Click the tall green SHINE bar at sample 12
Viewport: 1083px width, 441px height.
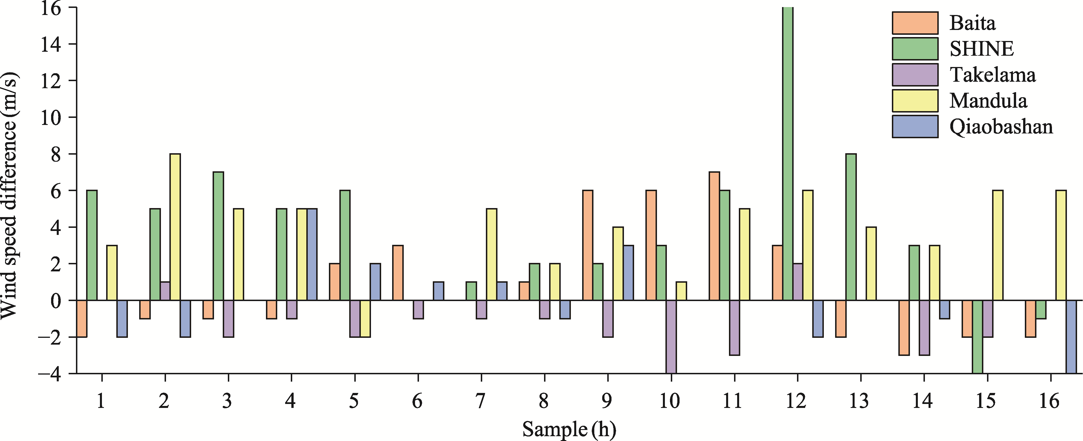click(x=787, y=154)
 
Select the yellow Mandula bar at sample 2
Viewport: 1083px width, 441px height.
click(x=175, y=227)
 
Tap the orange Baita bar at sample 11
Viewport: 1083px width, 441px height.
click(x=714, y=236)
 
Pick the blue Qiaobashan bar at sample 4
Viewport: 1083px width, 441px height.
click(x=312, y=254)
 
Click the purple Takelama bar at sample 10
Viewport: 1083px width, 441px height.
click(x=671, y=337)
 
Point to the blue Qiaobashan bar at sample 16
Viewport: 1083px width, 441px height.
click(x=1071, y=337)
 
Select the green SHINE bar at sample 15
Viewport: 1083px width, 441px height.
click(x=977, y=337)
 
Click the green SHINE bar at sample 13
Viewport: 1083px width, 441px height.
click(x=851, y=227)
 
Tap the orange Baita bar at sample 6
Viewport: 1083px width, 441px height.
click(x=398, y=273)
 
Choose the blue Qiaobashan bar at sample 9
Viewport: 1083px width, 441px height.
click(x=628, y=273)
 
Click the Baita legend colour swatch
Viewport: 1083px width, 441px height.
click(x=915, y=23)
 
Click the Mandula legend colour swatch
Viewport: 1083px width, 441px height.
click(x=915, y=101)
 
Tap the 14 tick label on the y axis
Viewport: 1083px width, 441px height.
click(x=51, y=44)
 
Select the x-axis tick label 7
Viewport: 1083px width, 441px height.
click(x=481, y=401)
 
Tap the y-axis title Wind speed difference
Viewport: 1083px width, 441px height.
click(x=9, y=196)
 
